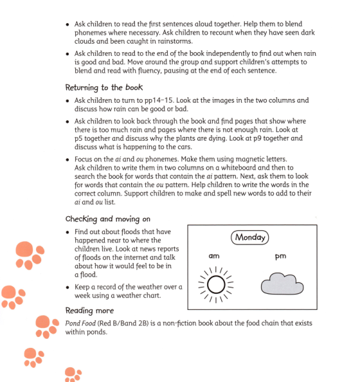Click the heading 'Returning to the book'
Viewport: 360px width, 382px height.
click(104, 87)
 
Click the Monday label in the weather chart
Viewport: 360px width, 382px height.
click(251, 237)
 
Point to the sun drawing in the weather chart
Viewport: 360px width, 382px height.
click(216, 284)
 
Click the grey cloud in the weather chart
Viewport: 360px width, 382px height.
click(281, 284)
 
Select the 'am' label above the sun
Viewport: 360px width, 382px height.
click(214, 256)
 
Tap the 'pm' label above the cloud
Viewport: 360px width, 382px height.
click(280, 256)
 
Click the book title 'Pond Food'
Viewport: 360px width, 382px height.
click(80, 322)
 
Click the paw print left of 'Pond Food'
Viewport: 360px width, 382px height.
click(46, 325)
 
